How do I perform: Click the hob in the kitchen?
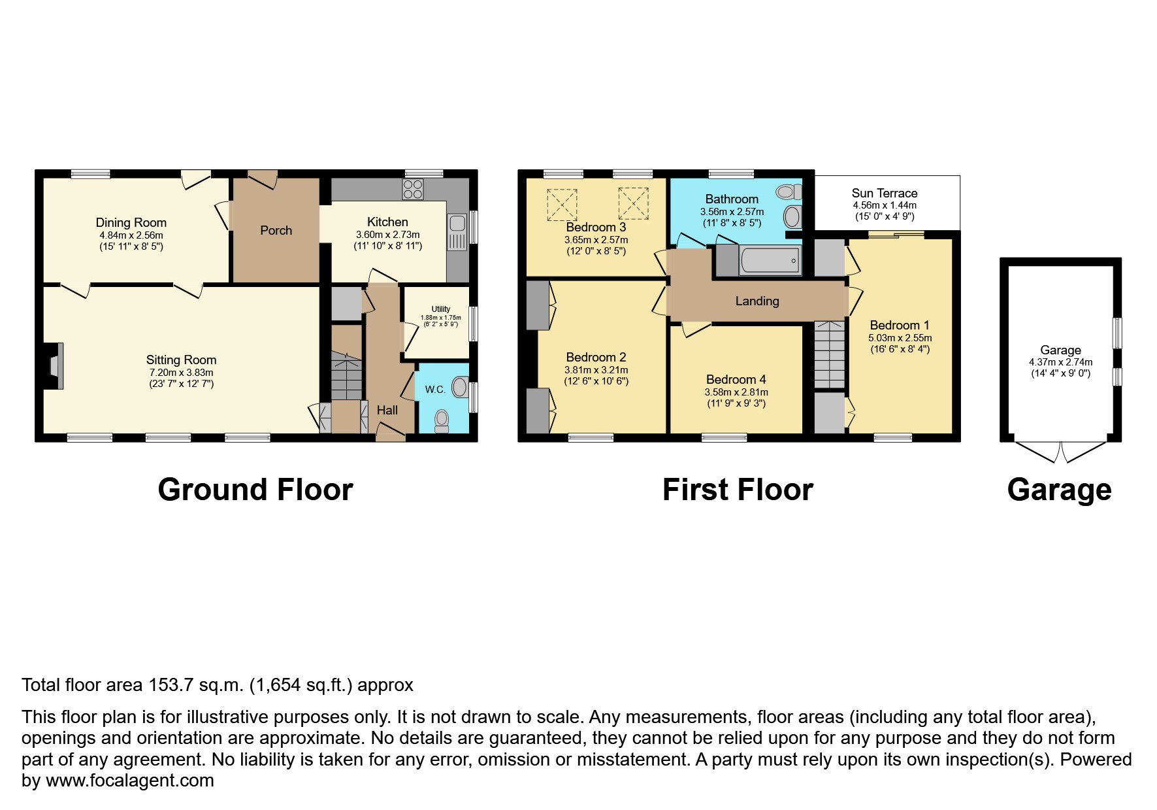(413, 190)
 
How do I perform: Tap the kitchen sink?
(457, 233)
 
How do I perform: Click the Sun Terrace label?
(884, 194)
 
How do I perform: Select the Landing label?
(757, 301)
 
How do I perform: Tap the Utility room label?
(440, 309)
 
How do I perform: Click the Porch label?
(276, 231)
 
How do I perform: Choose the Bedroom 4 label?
(736, 380)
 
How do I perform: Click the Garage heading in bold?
(1058, 490)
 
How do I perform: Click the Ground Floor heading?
(255, 490)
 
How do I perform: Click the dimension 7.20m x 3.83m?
(181, 373)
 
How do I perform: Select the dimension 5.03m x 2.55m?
(900, 338)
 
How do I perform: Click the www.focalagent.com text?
(129, 781)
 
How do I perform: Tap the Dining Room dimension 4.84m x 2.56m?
(131, 235)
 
